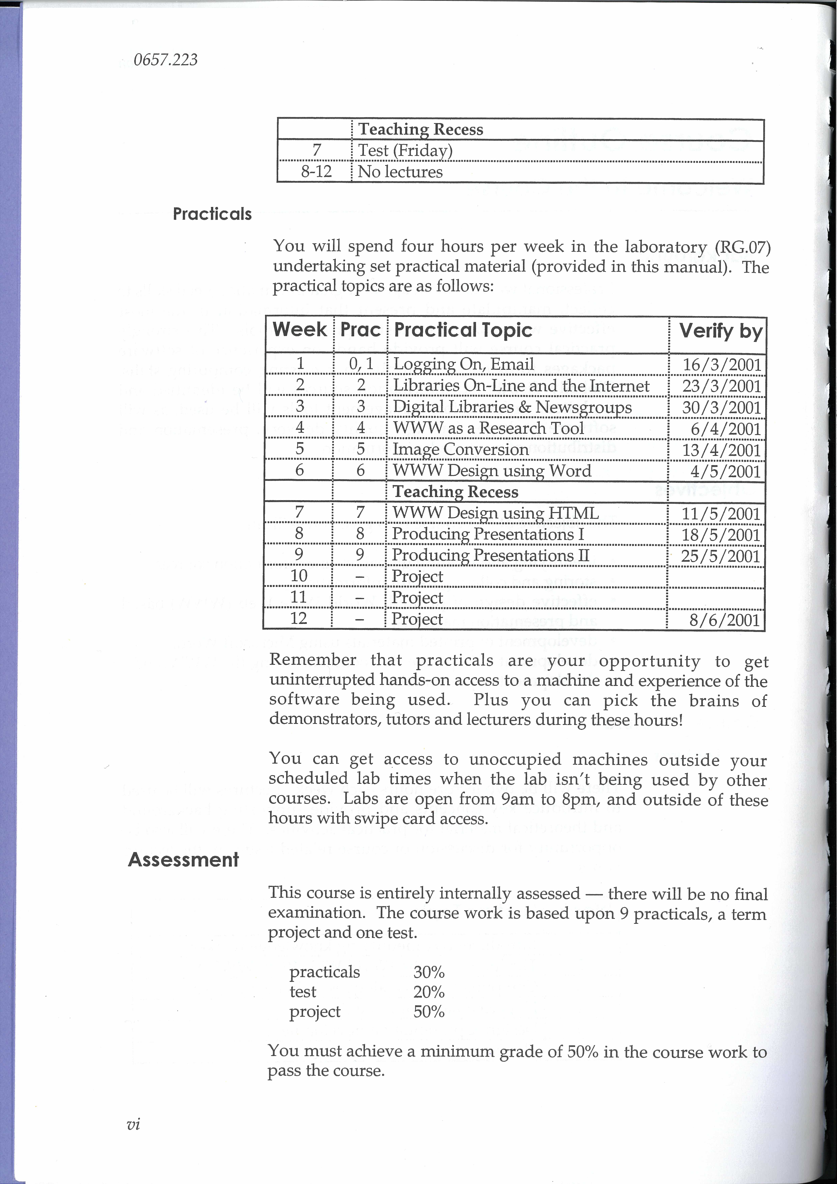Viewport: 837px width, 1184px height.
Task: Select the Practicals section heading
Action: tap(212, 214)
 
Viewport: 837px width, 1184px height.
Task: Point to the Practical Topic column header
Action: tap(462, 330)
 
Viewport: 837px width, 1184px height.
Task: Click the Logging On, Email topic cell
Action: tap(463, 364)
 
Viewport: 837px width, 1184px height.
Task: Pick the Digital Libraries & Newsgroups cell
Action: tap(512, 407)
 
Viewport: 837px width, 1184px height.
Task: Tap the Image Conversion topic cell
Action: tap(460, 449)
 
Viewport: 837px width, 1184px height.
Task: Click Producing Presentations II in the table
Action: tap(490, 555)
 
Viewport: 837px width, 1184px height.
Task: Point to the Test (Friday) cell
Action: tap(405, 151)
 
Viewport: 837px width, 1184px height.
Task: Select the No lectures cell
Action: tap(400, 172)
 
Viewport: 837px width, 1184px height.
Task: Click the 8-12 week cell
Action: tap(316, 172)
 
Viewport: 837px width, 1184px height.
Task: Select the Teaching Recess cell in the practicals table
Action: tap(456, 492)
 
